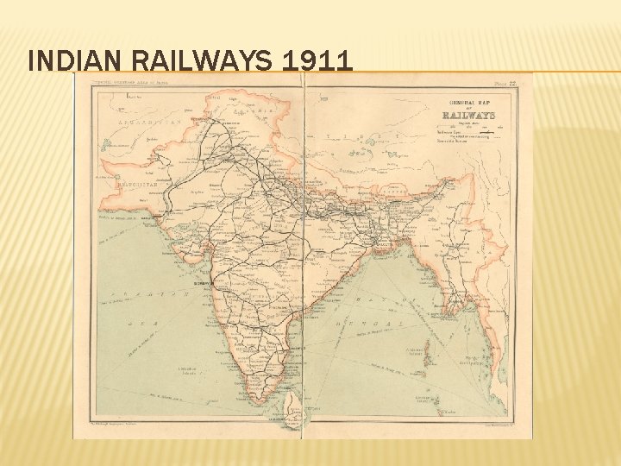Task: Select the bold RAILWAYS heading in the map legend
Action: tap(468, 115)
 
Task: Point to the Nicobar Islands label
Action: tap(423, 400)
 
